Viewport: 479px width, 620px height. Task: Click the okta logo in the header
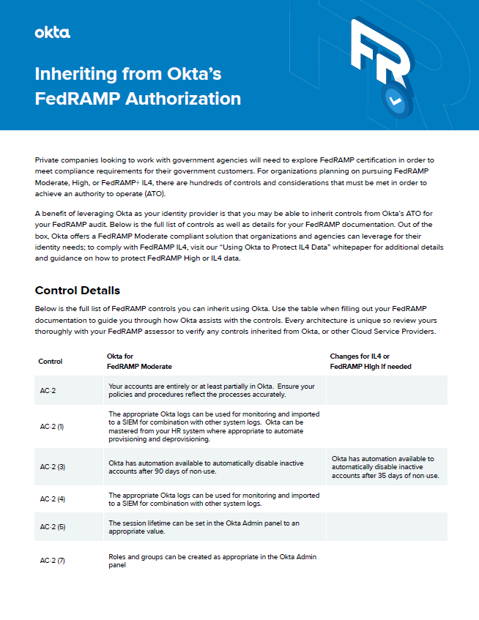click(x=53, y=32)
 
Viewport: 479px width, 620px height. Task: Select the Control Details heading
click(x=78, y=291)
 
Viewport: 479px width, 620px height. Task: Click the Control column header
click(x=51, y=361)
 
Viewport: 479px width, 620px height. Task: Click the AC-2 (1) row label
click(x=53, y=426)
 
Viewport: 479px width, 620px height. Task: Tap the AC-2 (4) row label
click(x=53, y=499)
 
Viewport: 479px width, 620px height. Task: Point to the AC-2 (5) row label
click(x=53, y=527)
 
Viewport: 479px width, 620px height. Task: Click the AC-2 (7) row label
click(x=53, y=561)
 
